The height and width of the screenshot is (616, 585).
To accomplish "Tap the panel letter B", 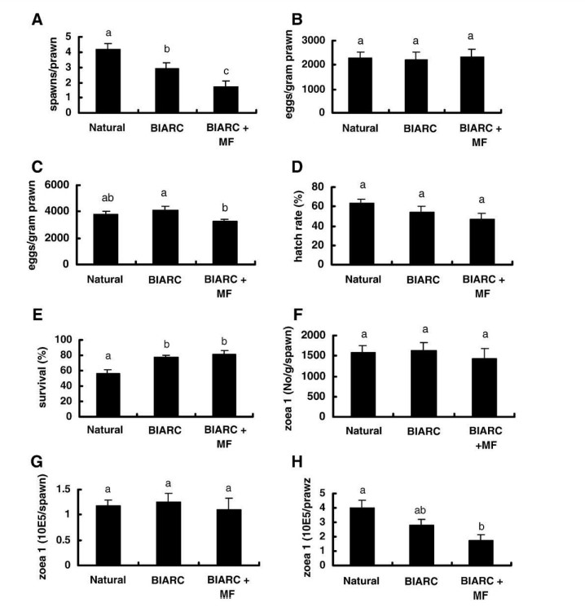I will coord(308,18).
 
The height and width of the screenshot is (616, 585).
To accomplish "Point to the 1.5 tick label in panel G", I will coord(71,488).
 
